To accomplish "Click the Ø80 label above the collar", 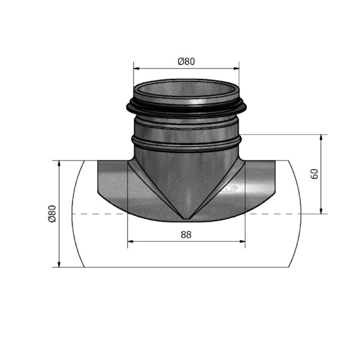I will coord(186,61).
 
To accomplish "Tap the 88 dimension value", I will coord(186,235).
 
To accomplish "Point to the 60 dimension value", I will coord(315,174).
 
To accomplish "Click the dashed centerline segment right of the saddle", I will coord(274,213).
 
